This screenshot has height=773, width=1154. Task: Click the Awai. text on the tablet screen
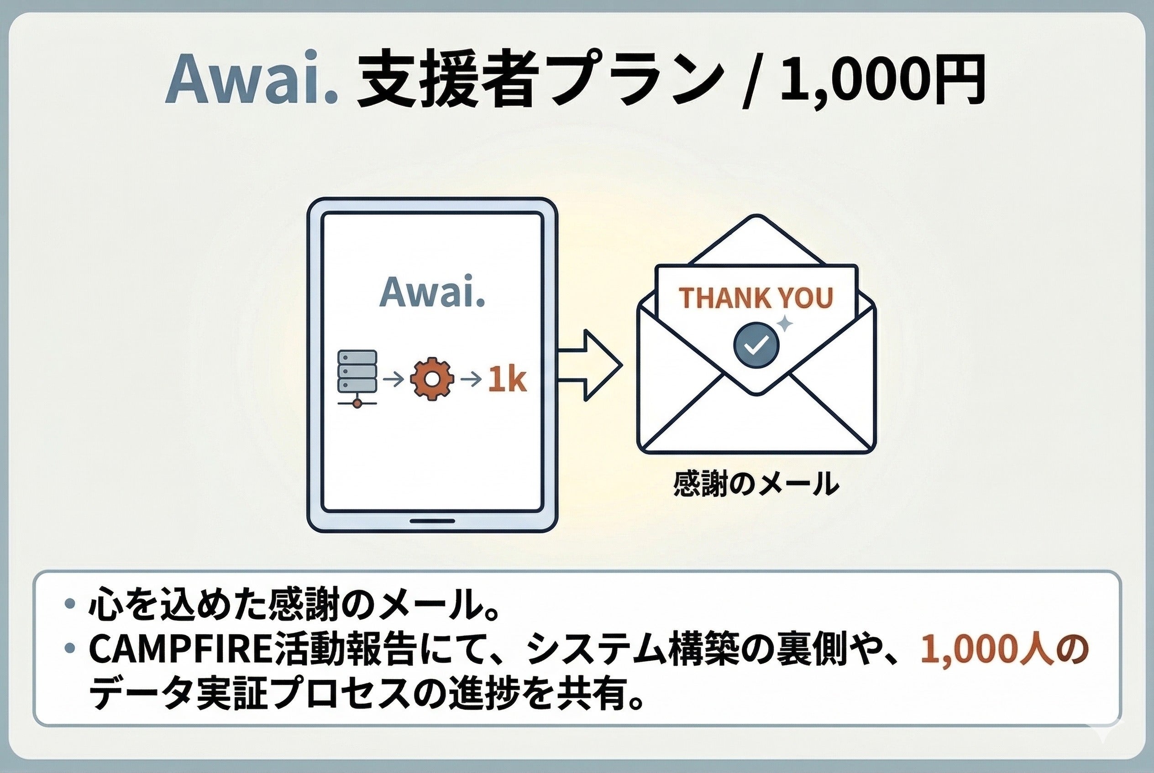point(432,292)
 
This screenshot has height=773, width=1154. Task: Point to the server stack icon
point(357,378)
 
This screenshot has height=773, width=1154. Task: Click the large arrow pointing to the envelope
point(590,366)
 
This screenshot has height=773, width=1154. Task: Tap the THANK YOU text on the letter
point(756,298)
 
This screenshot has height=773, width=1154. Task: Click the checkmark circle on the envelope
point(756,345)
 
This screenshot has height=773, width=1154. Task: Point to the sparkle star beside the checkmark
point(785,324)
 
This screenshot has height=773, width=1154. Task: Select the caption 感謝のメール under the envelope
point(756,484)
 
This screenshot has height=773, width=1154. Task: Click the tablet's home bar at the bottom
point(432,521)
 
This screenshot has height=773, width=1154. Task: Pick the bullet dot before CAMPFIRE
point(69,648)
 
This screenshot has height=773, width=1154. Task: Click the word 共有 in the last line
point(587,695)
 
